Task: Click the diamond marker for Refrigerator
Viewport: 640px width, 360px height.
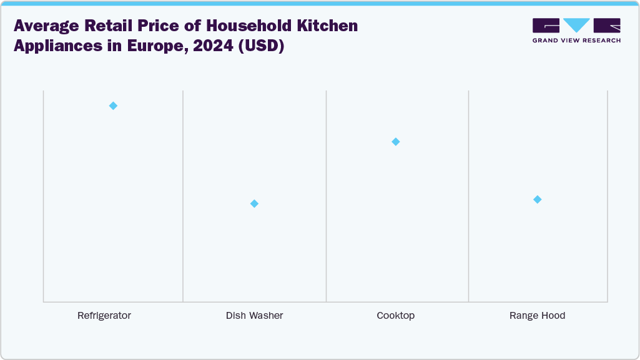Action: click(x=113, y=105)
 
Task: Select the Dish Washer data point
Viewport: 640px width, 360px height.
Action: click(x=254, y=203)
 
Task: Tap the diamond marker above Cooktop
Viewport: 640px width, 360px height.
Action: click(x=395, y=142)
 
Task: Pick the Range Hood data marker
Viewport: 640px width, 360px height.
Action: click(x=537, y=199)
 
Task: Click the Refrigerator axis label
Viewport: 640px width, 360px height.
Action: click(x=104, y=316)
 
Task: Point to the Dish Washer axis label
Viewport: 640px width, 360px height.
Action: click(x=254, y=316)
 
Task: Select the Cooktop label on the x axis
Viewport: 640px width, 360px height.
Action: click(x=395, y=316)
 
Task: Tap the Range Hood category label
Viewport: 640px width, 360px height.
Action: click(x=537, y=316)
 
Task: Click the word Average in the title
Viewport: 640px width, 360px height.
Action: click(x=44, y=26)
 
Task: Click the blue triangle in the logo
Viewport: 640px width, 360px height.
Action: click(x=576, y=25)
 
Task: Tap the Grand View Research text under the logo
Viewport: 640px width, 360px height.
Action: click(x=576, y=41)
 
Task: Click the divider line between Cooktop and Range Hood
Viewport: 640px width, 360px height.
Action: click(x=469, y=197)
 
